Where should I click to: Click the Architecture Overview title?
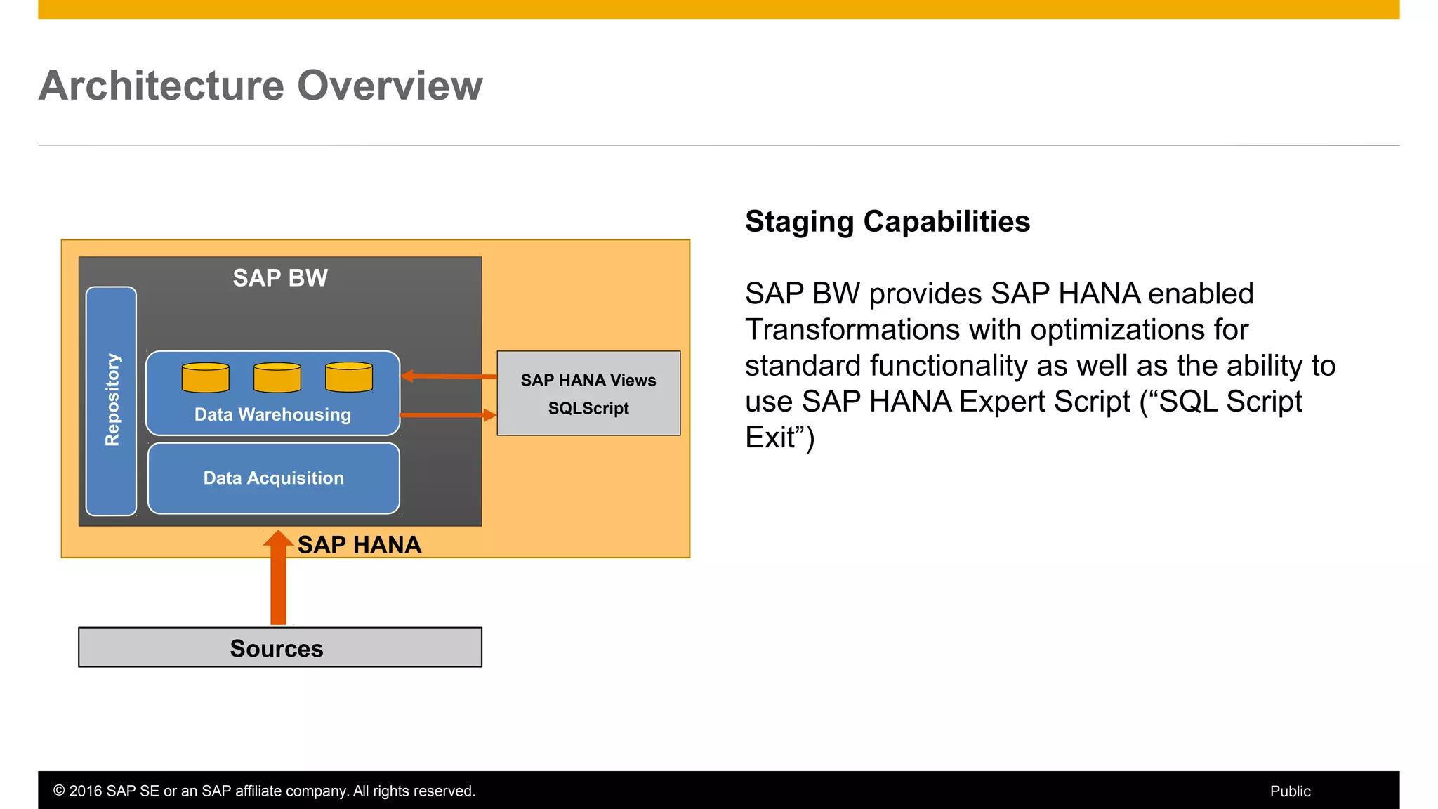(260, 86)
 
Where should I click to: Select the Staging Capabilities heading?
(887, 222)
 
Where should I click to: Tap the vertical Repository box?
(111, 400)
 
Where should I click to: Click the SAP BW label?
(280, 278)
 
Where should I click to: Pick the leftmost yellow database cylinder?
(205, 378)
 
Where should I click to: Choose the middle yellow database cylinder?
(277, 378)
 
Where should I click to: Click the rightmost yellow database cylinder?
(349, 377)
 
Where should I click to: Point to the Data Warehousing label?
(272, 414)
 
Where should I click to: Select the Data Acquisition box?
(274, 478)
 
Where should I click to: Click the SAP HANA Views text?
(588, 381)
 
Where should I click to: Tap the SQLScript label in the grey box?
(588, 409)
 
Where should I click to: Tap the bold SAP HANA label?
(359, 545)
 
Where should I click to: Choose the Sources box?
(279, 647)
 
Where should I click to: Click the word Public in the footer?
(1290, 791)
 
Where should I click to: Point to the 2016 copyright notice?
(264, 791)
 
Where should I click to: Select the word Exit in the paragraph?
(770, 438)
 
